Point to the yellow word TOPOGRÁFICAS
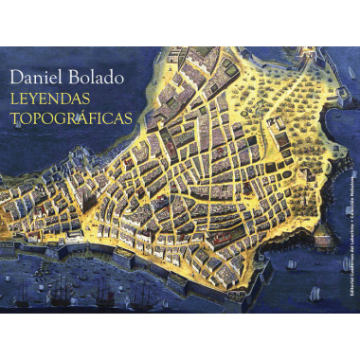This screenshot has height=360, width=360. (x=65, y=119)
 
